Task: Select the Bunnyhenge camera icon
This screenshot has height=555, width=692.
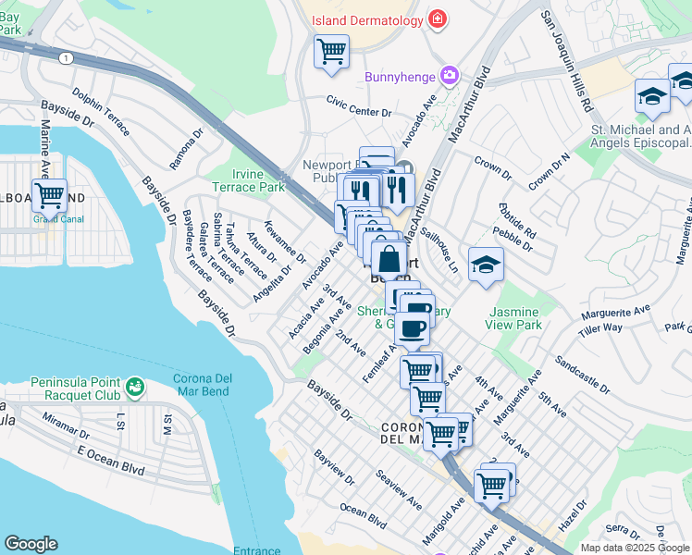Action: pos(450,75)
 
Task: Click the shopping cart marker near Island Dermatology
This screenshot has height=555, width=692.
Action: pos(331,51)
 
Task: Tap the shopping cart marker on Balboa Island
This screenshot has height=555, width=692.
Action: pos(49,195)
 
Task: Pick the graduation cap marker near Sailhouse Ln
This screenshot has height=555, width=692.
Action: pos(486,265)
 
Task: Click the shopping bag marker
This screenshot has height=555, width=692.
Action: pos(389,258)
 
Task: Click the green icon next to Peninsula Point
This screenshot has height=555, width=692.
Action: pos(136,384)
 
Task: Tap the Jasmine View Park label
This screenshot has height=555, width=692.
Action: pos(513,319)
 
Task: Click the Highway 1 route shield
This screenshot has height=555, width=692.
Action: pos(65,57)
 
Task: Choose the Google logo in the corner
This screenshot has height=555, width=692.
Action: pos(31,544)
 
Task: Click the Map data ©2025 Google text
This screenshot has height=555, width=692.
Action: pos(636,548)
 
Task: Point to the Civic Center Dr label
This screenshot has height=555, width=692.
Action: pos(359,107)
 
